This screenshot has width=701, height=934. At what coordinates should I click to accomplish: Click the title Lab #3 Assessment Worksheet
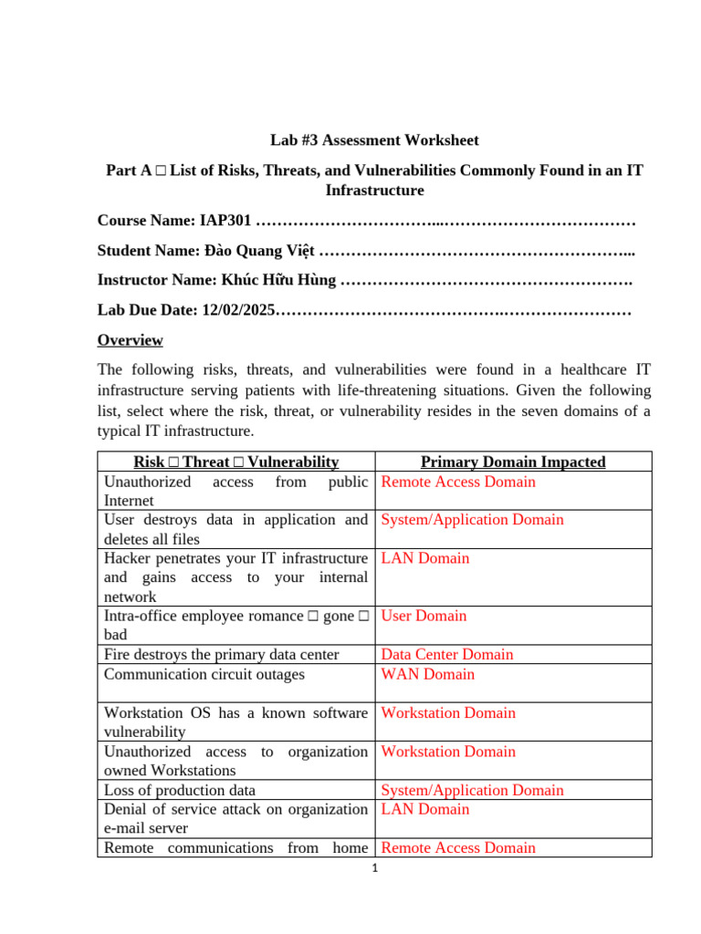point(374,140)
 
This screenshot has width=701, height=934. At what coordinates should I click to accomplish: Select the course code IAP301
point(226,223)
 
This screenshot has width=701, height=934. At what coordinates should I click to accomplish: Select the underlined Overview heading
point(130,340)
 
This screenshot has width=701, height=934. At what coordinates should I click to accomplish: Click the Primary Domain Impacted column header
point(512,462)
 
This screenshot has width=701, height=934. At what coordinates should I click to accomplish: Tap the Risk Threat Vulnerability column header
point(235,462)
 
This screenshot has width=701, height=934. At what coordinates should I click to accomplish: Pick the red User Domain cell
point(424,616)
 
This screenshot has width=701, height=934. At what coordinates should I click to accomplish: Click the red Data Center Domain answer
point(446,654)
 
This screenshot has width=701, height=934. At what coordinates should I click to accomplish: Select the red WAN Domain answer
point(427,674)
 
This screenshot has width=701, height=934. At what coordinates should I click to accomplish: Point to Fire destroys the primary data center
point(221,654)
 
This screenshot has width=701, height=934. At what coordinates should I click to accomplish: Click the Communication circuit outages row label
point(204,674)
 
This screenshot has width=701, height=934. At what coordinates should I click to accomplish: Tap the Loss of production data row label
point(179,790)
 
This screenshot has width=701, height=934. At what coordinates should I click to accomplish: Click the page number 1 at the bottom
point(374,867)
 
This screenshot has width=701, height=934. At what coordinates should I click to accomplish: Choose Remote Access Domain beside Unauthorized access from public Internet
point(458,482)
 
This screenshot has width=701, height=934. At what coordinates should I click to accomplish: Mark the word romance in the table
point(274,616)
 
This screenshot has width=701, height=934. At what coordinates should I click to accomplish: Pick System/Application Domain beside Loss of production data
point(472,790)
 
